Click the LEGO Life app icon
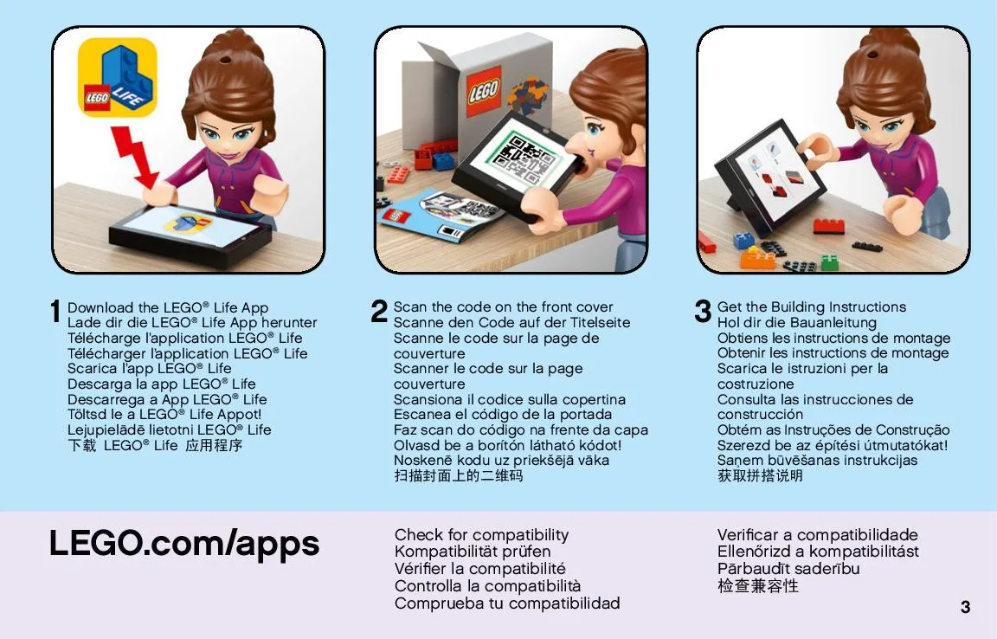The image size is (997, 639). point(117,77)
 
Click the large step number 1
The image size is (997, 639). point(56,312)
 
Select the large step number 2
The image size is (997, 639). point(379,311)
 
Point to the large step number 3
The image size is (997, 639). point(703,311)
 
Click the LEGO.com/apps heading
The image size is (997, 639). point(184,544)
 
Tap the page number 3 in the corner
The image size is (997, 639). point(965,607)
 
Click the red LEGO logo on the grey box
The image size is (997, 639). point(484,90)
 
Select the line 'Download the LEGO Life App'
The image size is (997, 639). point(168,307)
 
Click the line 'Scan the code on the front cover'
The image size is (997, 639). point(503,307)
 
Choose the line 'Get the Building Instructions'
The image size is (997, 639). point(811,307)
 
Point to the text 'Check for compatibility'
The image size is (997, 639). point(481,534)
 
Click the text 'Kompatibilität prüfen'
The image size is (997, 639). point(473,552)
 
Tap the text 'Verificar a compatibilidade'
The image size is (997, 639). point(818,534)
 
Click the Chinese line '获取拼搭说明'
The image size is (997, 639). point(760,475)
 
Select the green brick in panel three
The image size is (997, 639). point(829,261)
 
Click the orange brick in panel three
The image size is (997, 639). point(757,258)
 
